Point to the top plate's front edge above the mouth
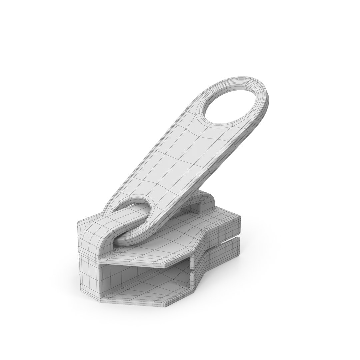[133, 262]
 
